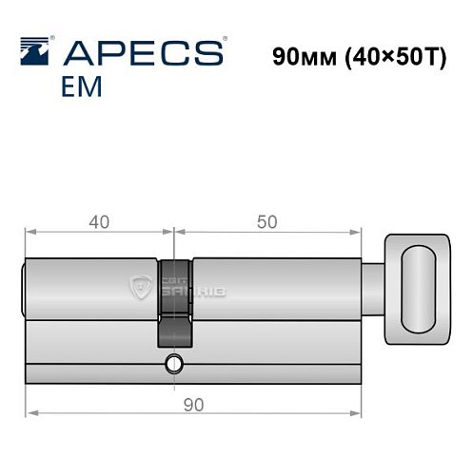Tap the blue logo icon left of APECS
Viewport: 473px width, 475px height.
(36, 50)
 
